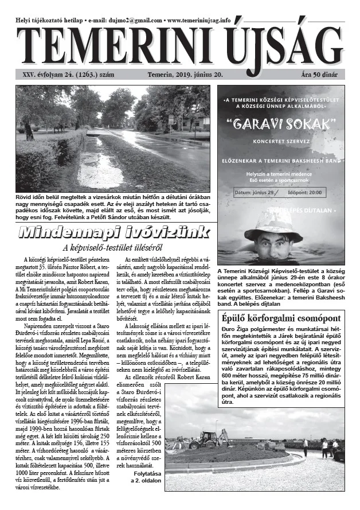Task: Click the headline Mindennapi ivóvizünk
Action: (105, 233)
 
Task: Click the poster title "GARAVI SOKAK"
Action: (280, 123)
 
